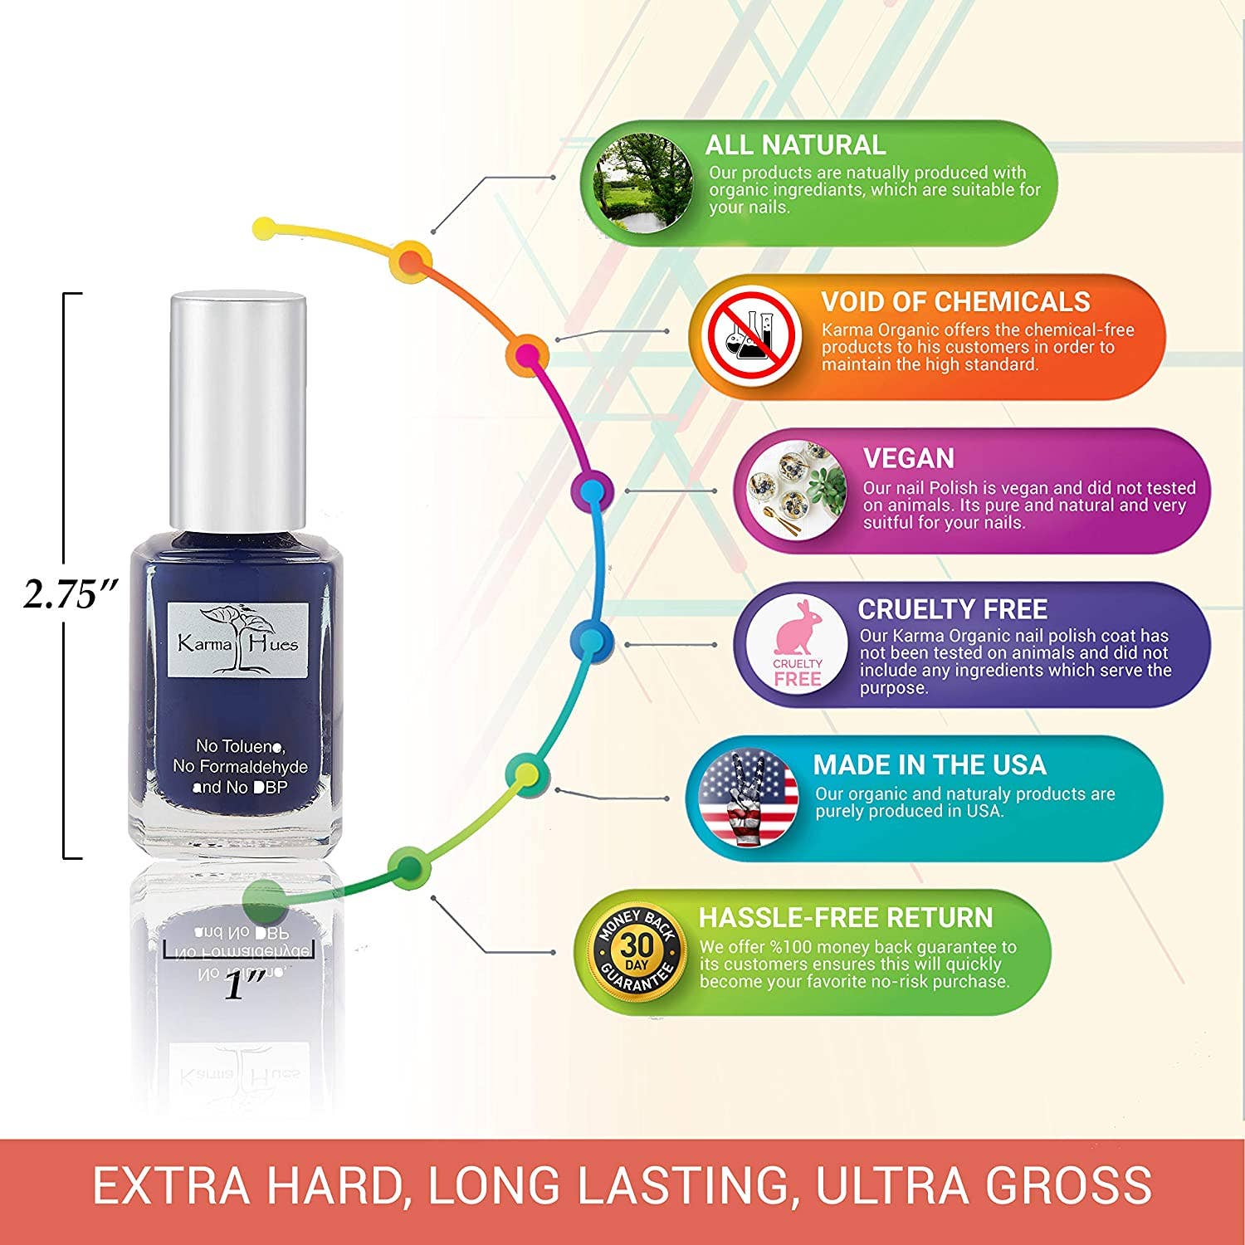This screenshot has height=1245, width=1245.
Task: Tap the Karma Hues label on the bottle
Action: click(x=238, y=639)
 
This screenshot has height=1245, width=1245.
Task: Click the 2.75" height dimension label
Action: click(x=71, y=594)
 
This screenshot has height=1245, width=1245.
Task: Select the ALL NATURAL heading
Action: click(x=795, y=145)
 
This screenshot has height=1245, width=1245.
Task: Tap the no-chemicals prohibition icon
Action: click(x=751, y=335)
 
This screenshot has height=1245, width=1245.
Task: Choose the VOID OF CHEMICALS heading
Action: click(x=955, y=301)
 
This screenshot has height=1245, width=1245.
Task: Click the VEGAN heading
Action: click(x=908, y=458)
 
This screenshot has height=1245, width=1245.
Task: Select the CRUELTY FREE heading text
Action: click(x=952, y=609)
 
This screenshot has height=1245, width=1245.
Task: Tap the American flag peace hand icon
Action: click(x=747, y=798)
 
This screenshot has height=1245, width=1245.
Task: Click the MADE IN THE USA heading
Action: click(x=929, y=764)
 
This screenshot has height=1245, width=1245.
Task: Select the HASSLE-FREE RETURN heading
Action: click(x=846, y=917)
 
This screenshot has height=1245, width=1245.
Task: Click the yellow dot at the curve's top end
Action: click(x=264, y=227)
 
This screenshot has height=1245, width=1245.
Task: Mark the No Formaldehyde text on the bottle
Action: click(x=240, y=767)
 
